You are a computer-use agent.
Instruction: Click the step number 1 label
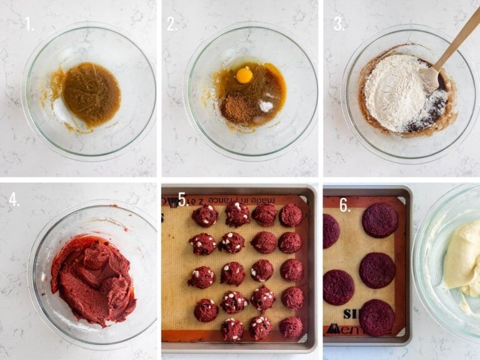point(28,24)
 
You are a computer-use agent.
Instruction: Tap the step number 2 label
point(171,24)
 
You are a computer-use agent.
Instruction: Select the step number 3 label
point(339,24)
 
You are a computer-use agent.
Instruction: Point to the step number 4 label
point(14,199)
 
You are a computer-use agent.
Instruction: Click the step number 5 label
point(182,199)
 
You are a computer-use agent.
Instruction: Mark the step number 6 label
point(344,204)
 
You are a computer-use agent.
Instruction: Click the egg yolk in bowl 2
point(244,75)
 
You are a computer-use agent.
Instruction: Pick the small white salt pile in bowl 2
point(266,106)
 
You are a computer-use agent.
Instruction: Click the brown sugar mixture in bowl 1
point(91,94)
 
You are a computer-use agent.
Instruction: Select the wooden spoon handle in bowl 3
point(456,41)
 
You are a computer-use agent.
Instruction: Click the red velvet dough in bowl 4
point(94,279)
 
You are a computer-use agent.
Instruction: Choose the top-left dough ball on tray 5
point(205,216)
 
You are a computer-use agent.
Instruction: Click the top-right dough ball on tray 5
point(291,215)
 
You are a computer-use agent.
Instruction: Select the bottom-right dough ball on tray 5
point(291,327)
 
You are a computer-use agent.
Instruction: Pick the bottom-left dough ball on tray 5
point(205,310)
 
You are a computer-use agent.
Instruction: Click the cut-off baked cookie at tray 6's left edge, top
point(331,231)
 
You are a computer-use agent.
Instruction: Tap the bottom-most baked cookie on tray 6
point(377,317)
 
